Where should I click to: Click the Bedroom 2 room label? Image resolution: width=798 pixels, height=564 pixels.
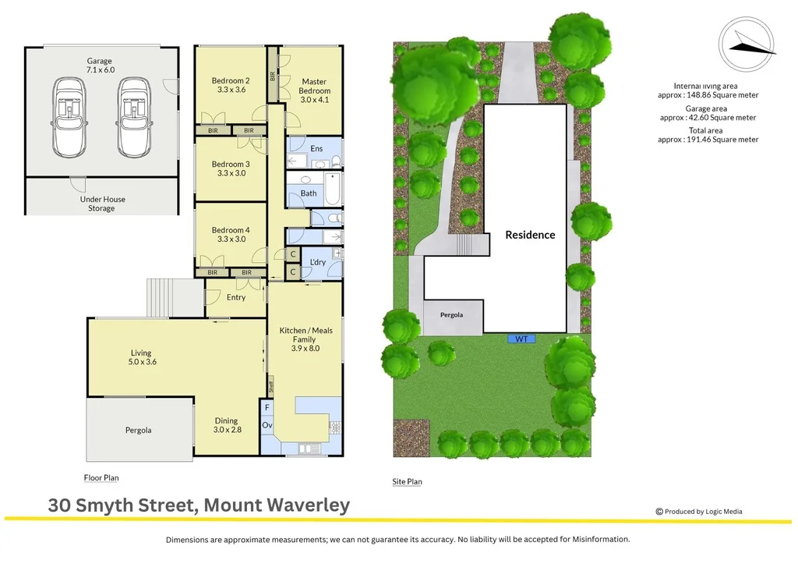[231, 85]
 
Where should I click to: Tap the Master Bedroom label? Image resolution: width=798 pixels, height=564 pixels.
[314, 86]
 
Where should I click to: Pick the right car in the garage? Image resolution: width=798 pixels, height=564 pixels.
[135, 117]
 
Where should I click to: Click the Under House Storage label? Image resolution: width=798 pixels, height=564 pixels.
[102, 204]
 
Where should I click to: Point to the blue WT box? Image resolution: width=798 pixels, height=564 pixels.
[521, 339]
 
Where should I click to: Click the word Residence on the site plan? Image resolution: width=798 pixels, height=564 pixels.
[530, 235]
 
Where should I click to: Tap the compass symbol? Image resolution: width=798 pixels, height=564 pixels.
[747, 46]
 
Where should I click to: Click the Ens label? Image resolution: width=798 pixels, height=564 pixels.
[316, 149]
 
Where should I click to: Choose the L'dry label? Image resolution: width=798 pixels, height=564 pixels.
[318, 262]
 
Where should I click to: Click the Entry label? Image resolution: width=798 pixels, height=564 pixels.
[236, 297]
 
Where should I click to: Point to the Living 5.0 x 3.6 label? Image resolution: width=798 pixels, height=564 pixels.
[141, 357]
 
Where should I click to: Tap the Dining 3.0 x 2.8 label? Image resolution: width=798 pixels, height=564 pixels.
[227, 425]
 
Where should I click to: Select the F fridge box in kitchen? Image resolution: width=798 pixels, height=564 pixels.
[267, 407]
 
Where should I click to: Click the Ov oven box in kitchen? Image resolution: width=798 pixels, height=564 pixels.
[267, 427]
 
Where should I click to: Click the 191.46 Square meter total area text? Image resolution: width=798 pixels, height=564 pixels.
[708, 140]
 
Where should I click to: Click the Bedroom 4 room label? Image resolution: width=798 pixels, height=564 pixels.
[231, 235]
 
